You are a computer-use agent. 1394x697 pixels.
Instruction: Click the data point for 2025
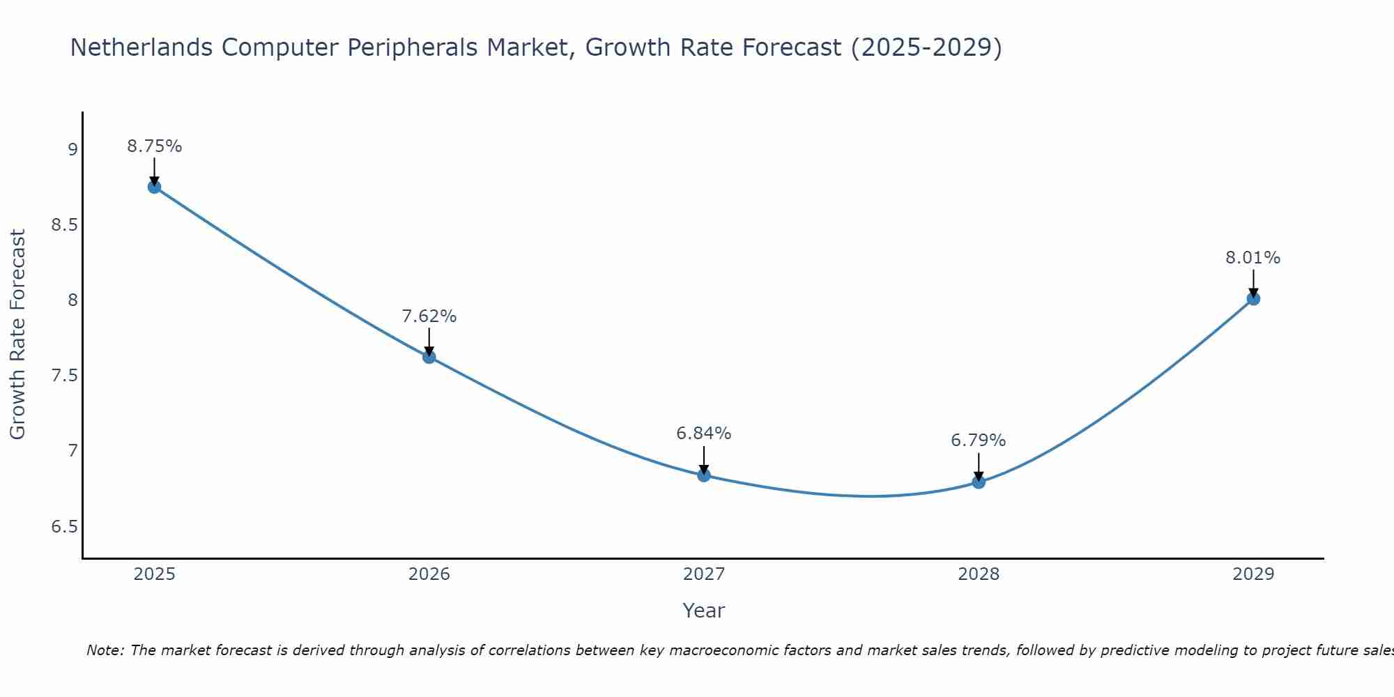pos(154,187)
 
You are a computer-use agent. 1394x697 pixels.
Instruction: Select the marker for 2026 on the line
pos(429,357)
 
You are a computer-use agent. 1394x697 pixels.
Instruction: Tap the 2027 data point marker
pos(704,475)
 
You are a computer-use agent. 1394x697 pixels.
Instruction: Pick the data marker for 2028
pos(979,482)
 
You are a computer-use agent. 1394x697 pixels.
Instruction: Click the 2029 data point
pos(1253,298)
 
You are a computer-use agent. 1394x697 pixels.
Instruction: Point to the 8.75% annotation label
pos(155,146)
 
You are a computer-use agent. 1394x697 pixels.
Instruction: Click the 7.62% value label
pos(429,316)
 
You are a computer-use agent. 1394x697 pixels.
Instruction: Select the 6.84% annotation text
pos(704,434)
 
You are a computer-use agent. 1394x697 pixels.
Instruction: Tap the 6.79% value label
pos(979,441)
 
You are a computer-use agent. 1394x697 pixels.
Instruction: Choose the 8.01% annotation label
pos(1253,258)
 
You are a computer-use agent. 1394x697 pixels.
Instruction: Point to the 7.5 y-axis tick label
pos(65,376)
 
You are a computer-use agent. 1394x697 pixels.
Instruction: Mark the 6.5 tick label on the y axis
pos(65,526)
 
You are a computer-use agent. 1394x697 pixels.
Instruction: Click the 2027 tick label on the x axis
pos(704,574)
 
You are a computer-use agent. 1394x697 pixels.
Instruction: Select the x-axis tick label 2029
pos(1253,574)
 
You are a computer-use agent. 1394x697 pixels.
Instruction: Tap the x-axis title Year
pos(704,611)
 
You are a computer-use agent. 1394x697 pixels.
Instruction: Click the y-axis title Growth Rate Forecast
pos(18,335)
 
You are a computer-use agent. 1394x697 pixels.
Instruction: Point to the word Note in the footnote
pos(105,650)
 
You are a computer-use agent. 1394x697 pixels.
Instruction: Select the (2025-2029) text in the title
pos(926,47)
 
